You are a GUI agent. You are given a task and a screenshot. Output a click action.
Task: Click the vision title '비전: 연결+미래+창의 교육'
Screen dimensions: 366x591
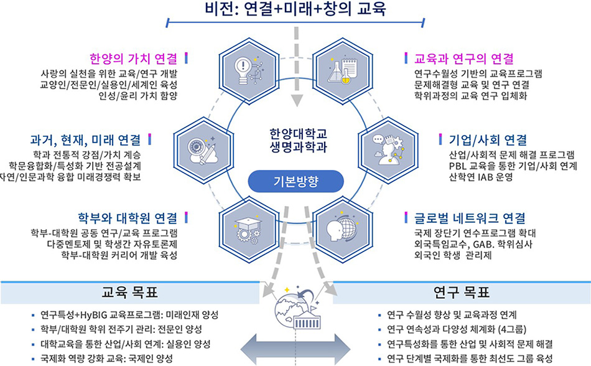click(x=295, y=9)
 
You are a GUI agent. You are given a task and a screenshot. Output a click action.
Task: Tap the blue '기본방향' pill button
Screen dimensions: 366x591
click(x=295, y=181)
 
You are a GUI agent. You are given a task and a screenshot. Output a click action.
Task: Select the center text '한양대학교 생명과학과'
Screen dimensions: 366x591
click(x=295, y=140)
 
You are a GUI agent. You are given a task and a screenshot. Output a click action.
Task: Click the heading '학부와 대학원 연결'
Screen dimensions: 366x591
click(x=128, y=218)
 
